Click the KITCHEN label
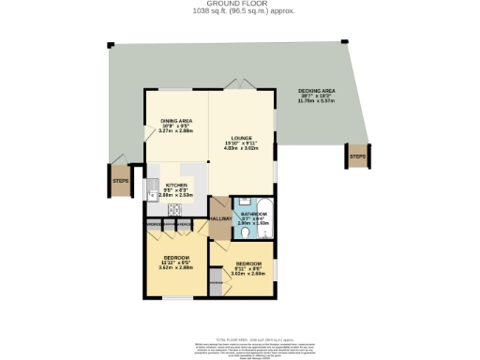(177, 185)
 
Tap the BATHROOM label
(251, 215)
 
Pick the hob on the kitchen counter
(173, 212)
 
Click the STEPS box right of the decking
(357, 157)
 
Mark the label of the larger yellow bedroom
(176, 258)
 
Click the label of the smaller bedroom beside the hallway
(248, 263)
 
